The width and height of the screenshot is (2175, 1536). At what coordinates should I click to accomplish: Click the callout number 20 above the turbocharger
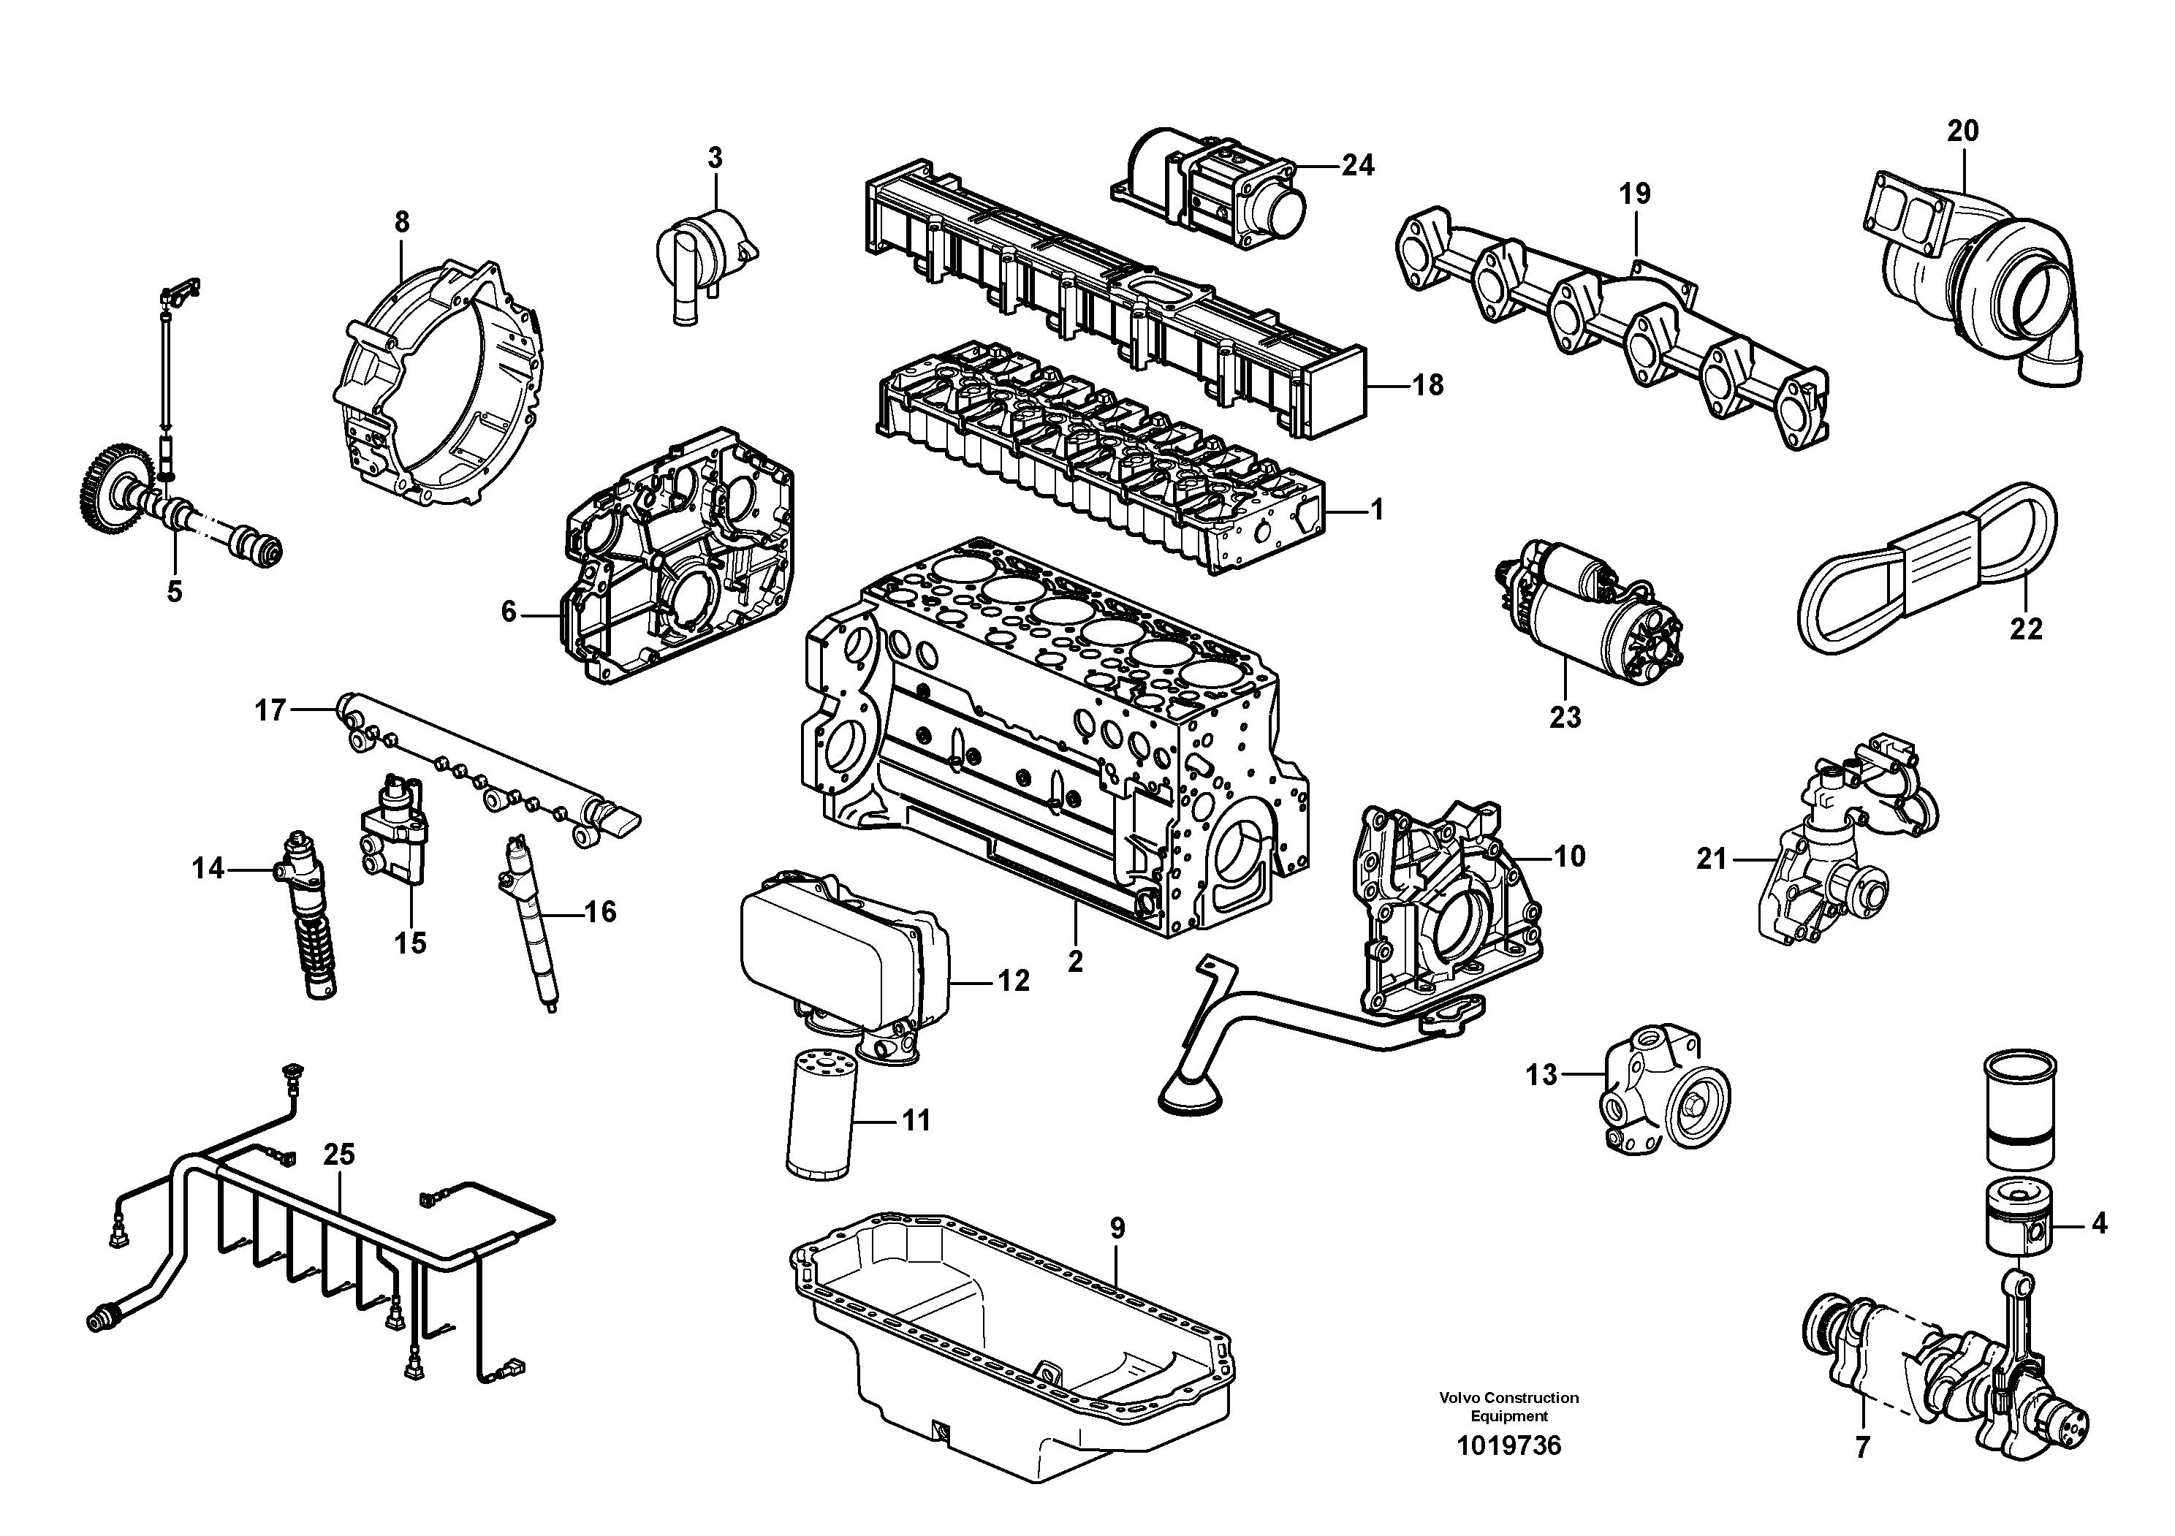[1963, 131]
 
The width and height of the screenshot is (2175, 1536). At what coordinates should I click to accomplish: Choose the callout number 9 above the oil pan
[1117, 1228]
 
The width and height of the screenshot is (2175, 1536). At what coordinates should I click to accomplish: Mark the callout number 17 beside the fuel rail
[270, 710]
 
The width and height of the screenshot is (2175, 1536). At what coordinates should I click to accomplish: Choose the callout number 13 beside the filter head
[1542, 1075]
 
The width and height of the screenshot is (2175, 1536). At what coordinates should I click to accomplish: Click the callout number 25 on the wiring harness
[338, 1155]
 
